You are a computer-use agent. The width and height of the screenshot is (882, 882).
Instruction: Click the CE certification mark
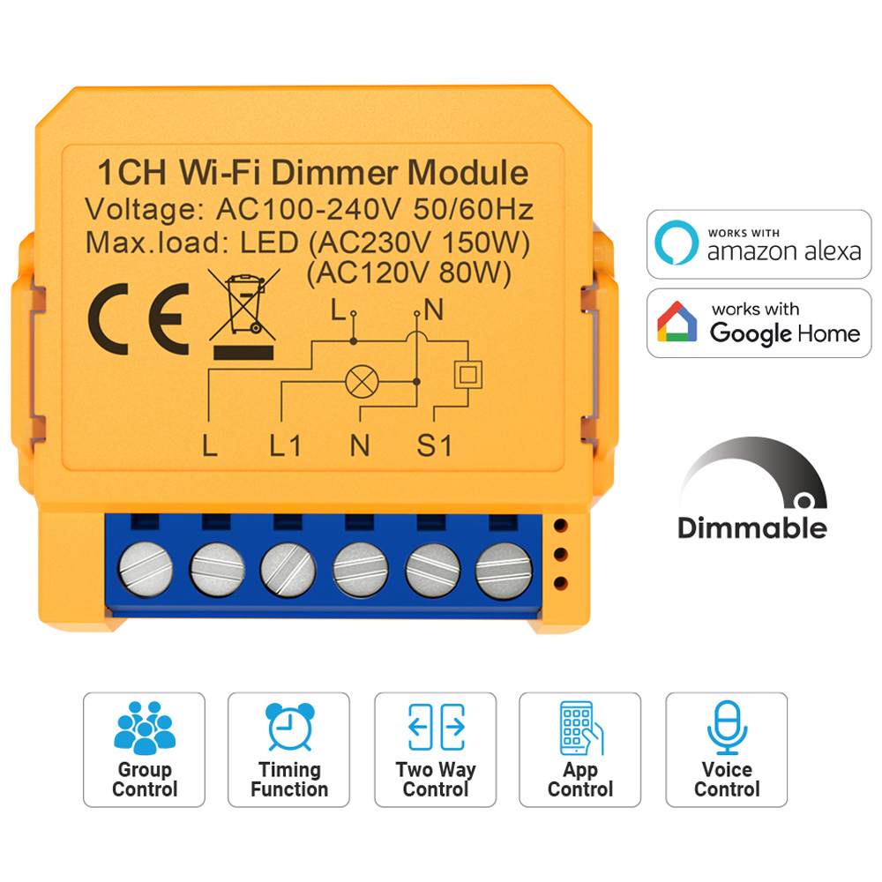tap(138, 319)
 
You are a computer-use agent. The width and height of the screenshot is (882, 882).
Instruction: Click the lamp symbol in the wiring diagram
tap(362, 381)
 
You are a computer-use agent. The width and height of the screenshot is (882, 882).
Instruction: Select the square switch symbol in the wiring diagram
tap(468, 374)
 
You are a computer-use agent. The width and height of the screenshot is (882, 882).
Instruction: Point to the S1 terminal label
tap(434, 446)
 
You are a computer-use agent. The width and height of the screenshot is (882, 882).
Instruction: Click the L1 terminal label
tap(285, 446)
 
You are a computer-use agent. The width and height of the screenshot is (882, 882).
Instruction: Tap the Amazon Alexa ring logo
tap(676, 243)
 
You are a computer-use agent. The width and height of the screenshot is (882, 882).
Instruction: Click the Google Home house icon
tap(676, 321)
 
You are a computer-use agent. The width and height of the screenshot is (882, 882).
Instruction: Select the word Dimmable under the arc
tap(752, 528)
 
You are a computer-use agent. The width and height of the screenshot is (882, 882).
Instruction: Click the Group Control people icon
tap(145, 728)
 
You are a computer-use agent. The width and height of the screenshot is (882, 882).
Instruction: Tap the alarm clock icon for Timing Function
tap(289, 726)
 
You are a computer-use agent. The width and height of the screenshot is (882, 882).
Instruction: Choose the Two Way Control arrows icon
tap(437, 727)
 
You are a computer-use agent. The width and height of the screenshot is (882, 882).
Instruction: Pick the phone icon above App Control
tap(581, 728)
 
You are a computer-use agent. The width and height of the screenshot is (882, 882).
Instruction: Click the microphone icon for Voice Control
tap(728, 727)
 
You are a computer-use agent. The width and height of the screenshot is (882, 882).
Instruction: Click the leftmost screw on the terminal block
tap(146, 569)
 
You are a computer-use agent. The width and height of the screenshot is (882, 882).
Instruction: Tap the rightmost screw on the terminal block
tap(504, 571)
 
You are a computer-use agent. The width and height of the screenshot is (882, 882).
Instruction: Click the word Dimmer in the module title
tap(336, 172)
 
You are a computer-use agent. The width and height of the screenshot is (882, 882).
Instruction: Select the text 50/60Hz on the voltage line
tap(473, 209)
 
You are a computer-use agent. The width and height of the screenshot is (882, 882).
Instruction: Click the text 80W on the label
tap(475, 273)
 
